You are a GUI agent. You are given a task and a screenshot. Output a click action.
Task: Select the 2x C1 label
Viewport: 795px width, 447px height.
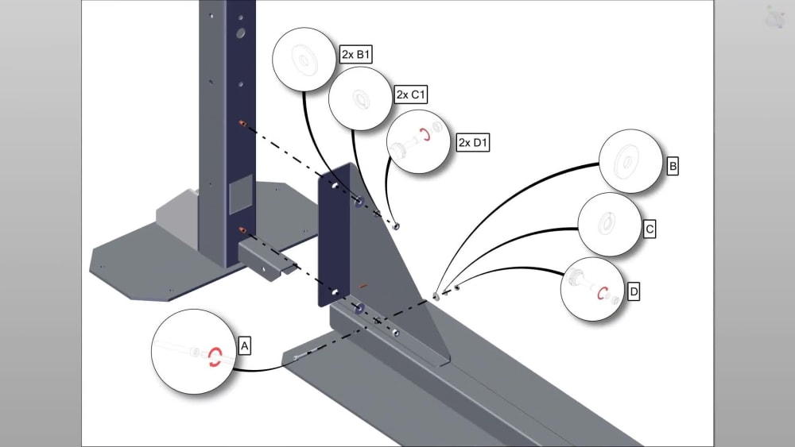pos(410,94)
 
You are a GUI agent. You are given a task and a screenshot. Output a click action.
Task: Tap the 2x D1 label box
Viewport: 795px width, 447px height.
pos(473,143)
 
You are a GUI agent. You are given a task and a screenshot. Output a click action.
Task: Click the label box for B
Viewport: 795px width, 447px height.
pos(672,167)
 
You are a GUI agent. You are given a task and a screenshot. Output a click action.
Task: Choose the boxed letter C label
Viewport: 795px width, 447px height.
pos(649,229)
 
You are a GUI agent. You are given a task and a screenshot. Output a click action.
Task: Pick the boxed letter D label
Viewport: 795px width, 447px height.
pos(633,291)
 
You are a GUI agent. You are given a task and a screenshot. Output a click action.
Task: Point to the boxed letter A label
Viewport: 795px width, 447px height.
pos(245,346)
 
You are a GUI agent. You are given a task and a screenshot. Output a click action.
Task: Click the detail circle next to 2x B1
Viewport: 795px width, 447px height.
pos(304,59)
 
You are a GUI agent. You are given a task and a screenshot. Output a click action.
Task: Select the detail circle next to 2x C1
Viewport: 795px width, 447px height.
pos(360,98)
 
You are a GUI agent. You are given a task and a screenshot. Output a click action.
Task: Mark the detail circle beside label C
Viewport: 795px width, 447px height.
pos(608,224)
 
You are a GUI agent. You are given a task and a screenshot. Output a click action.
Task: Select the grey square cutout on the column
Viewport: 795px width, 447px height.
pos(239,196)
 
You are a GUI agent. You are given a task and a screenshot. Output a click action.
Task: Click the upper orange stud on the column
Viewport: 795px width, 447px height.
pos(242,123)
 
